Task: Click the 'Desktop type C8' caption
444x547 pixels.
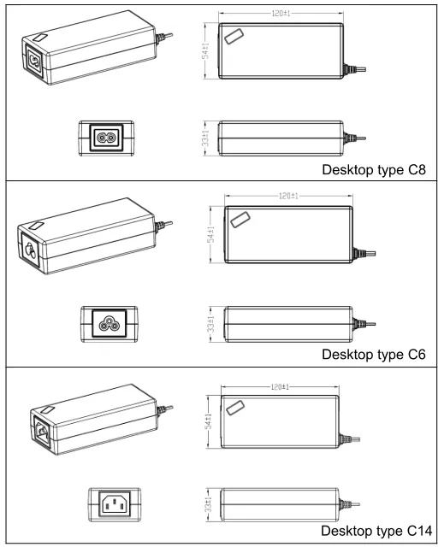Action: tap(374, 170)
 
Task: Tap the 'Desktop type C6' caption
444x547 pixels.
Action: tap(374, 355)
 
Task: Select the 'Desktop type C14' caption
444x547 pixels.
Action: tap(376, 531)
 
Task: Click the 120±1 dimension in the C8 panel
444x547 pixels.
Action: tap(281, 14)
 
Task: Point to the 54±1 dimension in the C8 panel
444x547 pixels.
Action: tap(206, 51)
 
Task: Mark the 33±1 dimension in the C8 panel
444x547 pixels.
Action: tap(205, 138)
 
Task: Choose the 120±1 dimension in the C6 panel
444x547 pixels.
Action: tap(288, 196)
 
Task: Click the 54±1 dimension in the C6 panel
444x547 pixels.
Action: tap(211, 234)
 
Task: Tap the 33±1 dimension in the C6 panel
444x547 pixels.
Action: tap(210, 325)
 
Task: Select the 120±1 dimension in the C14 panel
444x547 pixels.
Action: tap(280, 387)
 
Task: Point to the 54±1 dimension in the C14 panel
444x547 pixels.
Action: tap(209, 421)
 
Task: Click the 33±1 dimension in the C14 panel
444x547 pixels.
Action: tap(209, 504)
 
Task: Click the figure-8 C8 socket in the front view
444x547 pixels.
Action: tap(106, 138)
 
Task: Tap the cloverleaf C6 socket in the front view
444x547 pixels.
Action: tap(109, 324)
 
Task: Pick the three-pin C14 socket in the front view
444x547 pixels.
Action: tap(115, 504)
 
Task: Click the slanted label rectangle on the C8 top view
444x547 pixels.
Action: tap(234, 37)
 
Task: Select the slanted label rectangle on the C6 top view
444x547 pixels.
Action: tap(240, 220)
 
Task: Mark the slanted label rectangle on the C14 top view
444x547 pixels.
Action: tap(235, 409)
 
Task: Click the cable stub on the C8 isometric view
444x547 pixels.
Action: tap(164, 38)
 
